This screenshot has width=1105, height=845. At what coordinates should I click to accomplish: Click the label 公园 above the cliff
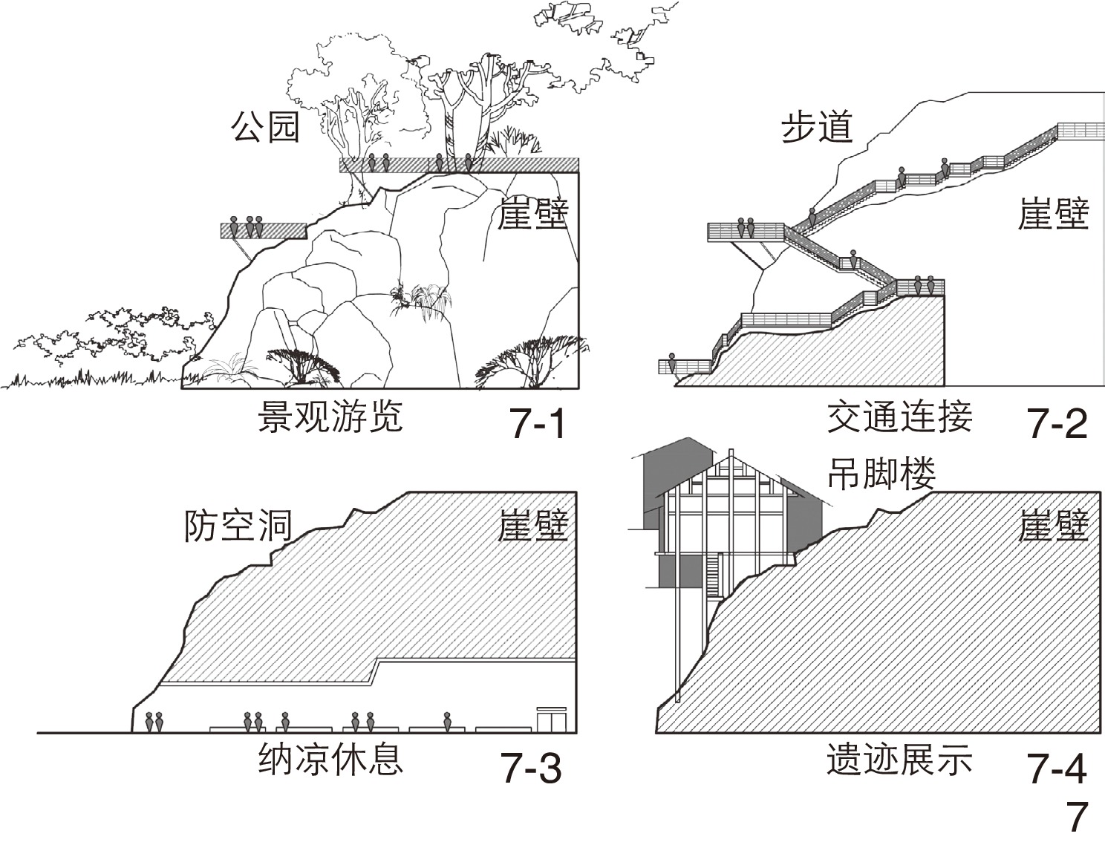tap(264, 127)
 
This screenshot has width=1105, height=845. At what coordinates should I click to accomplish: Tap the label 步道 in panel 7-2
tap(816, 127)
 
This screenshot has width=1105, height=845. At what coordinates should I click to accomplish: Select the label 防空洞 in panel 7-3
tap(238, 526)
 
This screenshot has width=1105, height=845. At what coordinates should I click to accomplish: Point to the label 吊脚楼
tap(881, 474)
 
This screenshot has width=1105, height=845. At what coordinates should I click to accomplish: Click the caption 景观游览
tap(330, 417)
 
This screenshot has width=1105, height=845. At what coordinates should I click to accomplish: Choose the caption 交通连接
tap(899, 417)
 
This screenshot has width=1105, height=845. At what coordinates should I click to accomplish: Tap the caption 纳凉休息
tap(330, 760)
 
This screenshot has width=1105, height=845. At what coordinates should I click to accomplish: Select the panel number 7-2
tap(1057, 425)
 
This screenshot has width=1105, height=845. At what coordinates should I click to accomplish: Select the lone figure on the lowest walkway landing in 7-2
tap(673, 364)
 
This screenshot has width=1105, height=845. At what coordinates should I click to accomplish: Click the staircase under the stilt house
tap(714, 575)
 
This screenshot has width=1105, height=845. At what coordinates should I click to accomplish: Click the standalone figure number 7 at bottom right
tap(1077, 817)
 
